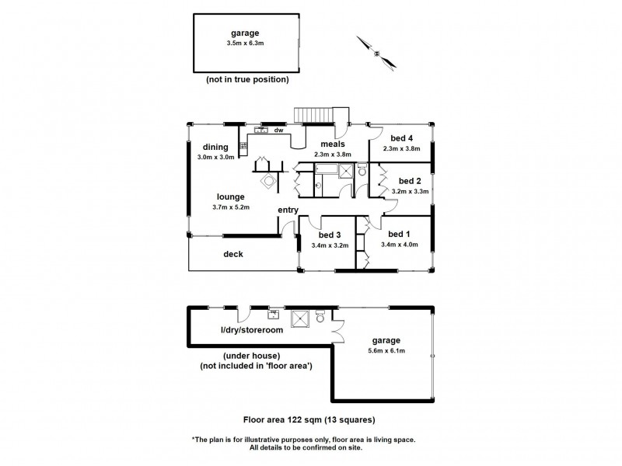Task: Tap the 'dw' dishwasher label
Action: point(278,130)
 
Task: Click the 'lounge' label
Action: point(231,196)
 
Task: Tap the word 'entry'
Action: point(288,210)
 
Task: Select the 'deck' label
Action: point(233,253)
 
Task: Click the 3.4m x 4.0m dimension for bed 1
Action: point(400,245)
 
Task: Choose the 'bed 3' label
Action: point(330,235)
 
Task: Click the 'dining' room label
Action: point(215,147)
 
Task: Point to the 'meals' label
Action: point(333,144)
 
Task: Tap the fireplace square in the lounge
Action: point(268,181)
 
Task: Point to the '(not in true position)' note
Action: point(247,79)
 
